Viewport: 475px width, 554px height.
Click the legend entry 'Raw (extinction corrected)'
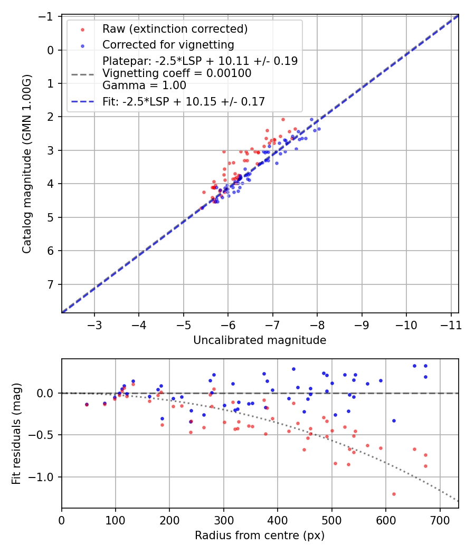tap(175, 28)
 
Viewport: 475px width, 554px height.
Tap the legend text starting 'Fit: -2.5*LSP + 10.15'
tap(184, 102)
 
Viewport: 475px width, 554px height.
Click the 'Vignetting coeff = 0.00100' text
tap(177, 73)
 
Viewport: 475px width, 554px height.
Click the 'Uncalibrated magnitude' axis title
tap(260, 340)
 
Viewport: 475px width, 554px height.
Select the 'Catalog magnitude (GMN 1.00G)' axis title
tap(27, 164)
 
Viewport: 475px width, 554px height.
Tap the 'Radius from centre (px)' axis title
tap(260, 536)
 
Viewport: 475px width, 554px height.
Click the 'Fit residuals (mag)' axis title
tap(16, 433)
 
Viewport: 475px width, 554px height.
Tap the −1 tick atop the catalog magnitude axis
tap(48, 16)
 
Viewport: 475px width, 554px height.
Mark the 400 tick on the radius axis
tap(278, 520)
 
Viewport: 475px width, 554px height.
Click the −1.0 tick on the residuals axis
tap(45, 477)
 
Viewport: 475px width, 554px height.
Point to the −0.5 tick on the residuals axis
tap(45, 435)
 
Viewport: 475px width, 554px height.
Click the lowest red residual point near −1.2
tap(394, 494)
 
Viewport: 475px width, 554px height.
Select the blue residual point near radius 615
tap(394, 421)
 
